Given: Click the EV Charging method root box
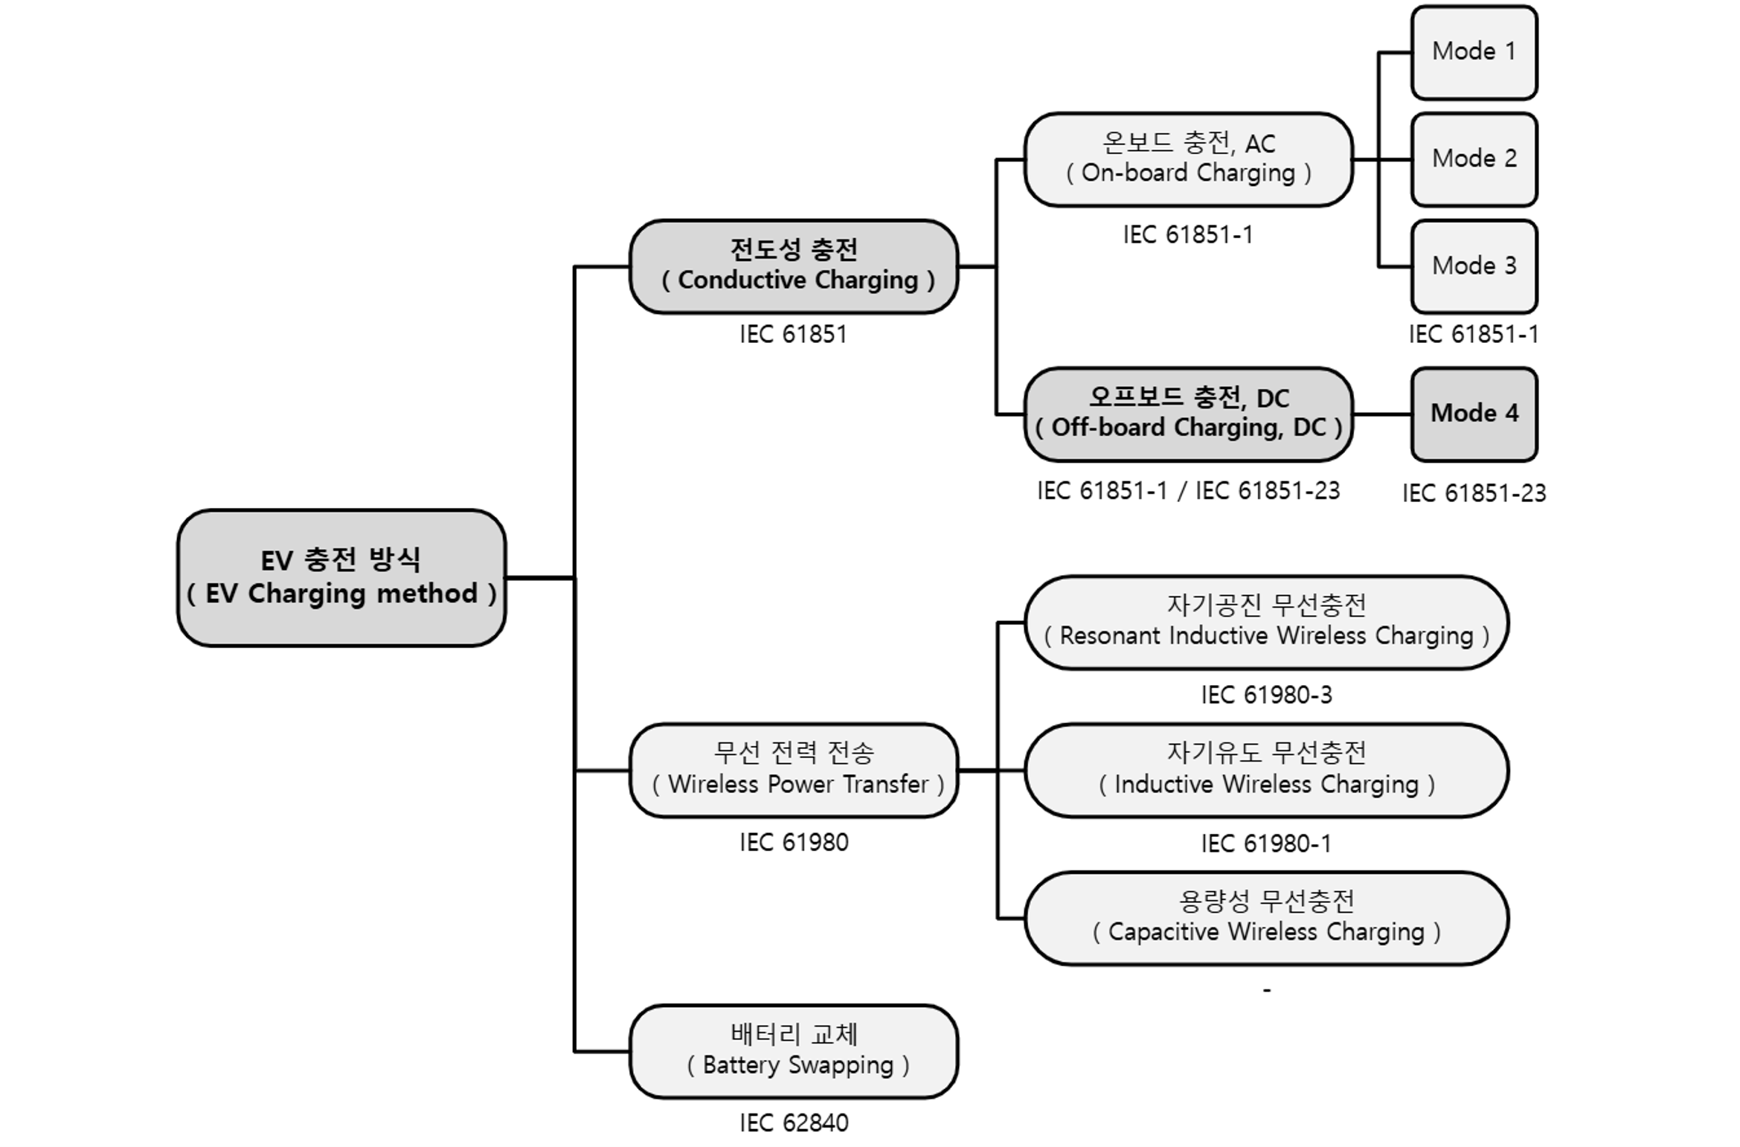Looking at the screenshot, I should click(x=341, y=577).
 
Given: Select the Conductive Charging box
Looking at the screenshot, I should click(x=794, y=266).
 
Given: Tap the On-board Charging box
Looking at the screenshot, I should click(x=1188, y=159).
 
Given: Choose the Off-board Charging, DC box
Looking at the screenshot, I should click(x=1188, y=414).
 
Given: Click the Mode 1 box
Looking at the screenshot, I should click(x=1474, y=52).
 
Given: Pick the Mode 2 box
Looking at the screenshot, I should click(x=1474, y=159).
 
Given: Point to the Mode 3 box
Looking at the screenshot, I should click(x=1474, y=266).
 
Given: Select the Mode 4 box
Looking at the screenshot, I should click(x=1474, y=414).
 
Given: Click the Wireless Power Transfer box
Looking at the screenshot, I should click(x=794, y=770).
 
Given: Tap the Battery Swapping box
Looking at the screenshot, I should click(x=794, y=1051).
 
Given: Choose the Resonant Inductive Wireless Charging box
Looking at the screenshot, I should click(x=1266, y=622).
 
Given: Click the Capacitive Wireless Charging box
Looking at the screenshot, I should click(x=1266, y=918).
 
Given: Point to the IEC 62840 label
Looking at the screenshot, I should click(x=794, y=1122).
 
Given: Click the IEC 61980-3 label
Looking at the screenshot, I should click(x=1266, y=695).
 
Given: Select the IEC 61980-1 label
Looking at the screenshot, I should click(x=1266, y=844).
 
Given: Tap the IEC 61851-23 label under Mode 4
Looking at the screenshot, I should click(x=1474, y=493).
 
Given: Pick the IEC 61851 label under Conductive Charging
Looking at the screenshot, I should click(x=794, y=334).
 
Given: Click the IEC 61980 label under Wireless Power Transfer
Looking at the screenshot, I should click(x=794, y=842).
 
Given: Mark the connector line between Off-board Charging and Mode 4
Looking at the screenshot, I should click(x=1381, y=414).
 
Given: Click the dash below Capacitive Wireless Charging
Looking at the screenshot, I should click(x=1267, y=990).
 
